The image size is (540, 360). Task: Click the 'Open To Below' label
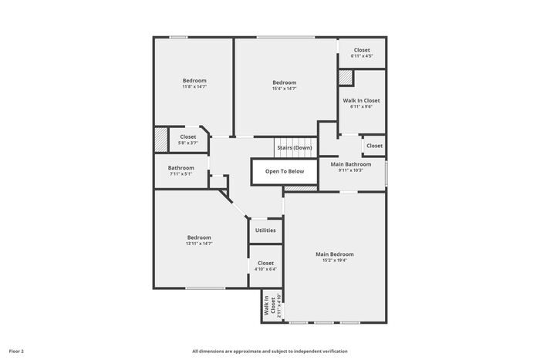[285, 171]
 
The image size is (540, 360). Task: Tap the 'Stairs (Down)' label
[295, 148]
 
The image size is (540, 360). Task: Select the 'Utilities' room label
[265, 230]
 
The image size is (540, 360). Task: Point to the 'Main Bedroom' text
[335, 254]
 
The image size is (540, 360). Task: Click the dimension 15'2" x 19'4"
[335, 261]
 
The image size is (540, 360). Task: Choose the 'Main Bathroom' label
[351, 164]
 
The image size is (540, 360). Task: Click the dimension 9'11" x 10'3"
[351, 170]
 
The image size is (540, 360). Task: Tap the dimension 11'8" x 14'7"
[194, 87]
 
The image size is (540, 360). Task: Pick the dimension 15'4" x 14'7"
[285, 89]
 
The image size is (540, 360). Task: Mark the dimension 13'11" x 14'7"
[199, 244]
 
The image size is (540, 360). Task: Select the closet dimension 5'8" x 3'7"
[188, 143]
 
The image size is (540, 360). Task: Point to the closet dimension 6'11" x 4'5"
[362, 56]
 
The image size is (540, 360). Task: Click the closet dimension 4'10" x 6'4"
[265, 269]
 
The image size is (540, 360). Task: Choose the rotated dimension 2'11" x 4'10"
[279, 305]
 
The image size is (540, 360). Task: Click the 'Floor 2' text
[16, 352]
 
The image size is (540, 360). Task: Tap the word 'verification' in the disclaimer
[335, 352]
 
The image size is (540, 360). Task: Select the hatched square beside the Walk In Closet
[346, 78]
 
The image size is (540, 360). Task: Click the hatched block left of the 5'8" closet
[160, 140]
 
